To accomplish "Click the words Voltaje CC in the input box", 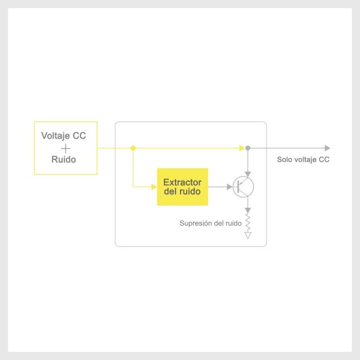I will (64, 136).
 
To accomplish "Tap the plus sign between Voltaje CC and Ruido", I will (65, 148).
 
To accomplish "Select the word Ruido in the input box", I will (64, 159).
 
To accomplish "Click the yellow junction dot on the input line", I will (133, 148).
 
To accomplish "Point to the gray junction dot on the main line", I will (248, 148).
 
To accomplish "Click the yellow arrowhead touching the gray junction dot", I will (242, 148).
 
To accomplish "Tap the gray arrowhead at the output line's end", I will (328, 148).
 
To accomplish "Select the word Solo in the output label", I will (285, 159).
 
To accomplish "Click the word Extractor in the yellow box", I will (182, 182).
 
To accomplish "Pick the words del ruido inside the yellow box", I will (182, 192).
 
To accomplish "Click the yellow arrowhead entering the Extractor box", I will (154, 187).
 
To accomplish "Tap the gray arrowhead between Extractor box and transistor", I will (229, 187).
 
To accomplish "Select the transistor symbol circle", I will (243, 187).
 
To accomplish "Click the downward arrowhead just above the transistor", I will (248, 174).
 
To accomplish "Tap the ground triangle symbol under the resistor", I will (248, 235).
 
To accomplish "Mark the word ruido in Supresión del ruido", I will (233, 224).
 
